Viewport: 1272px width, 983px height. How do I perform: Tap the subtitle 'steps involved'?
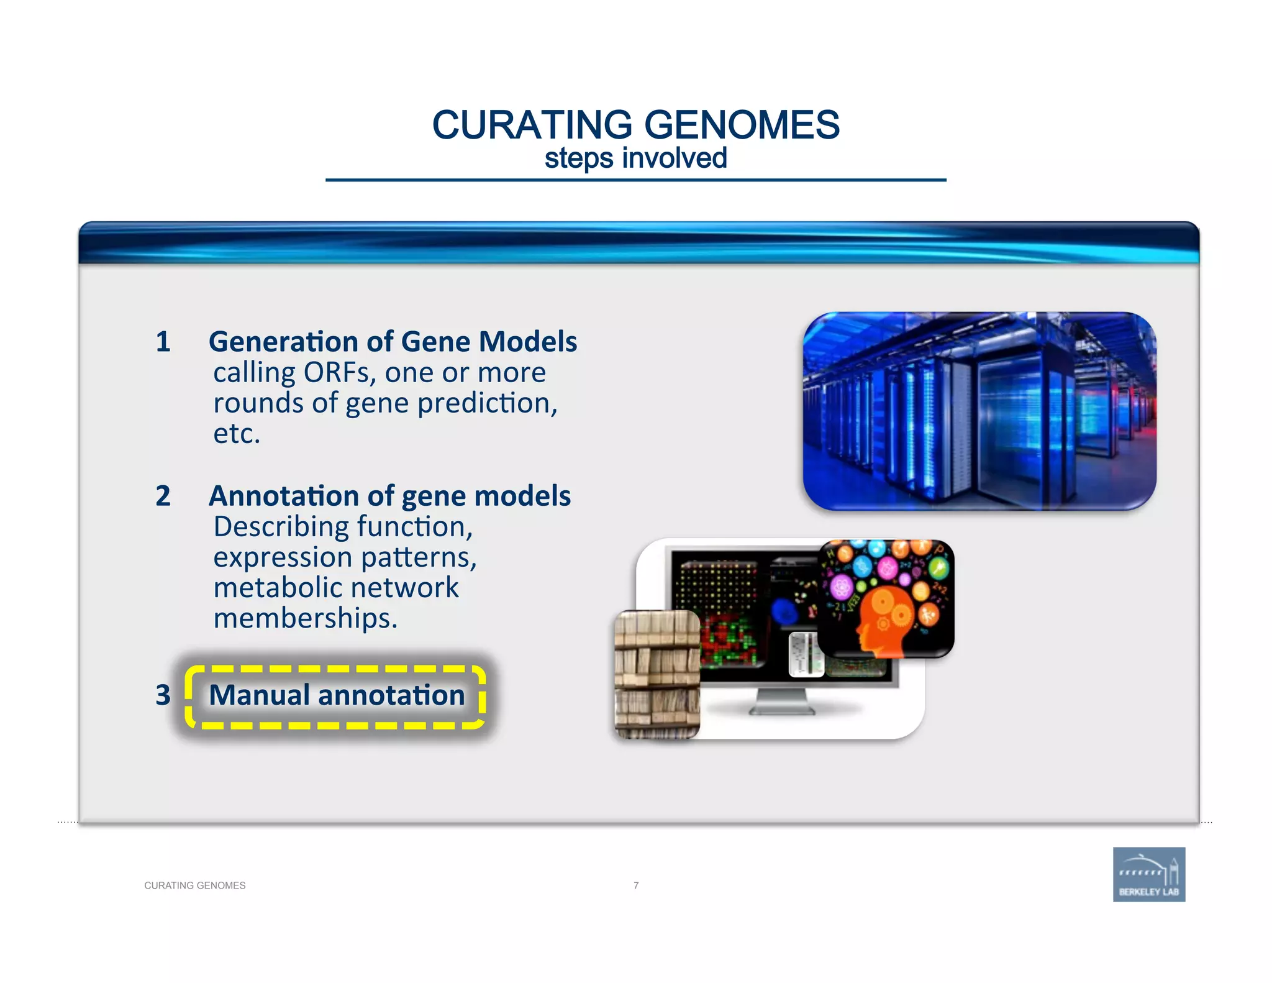tap(635, 158)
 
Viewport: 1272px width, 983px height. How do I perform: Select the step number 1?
tap(163, 342)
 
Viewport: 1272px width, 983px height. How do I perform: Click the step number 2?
tap(163, 496)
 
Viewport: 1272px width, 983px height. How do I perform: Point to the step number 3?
tap(163, 695)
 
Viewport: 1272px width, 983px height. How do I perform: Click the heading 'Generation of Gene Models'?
tap(393, 342)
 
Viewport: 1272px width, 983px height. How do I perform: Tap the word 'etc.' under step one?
tap(237, 434)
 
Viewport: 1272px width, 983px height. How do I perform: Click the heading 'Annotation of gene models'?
tap(389, 496)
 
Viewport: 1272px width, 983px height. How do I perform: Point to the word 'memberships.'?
tap(305, 618)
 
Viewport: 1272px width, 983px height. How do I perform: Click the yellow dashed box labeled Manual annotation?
tap(336, 696)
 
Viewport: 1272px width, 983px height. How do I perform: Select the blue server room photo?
tap(979, 411)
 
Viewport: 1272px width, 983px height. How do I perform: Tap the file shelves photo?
tap(657, 674)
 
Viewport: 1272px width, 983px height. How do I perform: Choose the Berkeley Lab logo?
tap(1148, 874)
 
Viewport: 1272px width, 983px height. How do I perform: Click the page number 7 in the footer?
tap(636, 885)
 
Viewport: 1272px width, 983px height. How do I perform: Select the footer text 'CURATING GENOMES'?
tap(194, 885)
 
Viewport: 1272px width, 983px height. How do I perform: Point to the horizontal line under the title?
tap(635, 180)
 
